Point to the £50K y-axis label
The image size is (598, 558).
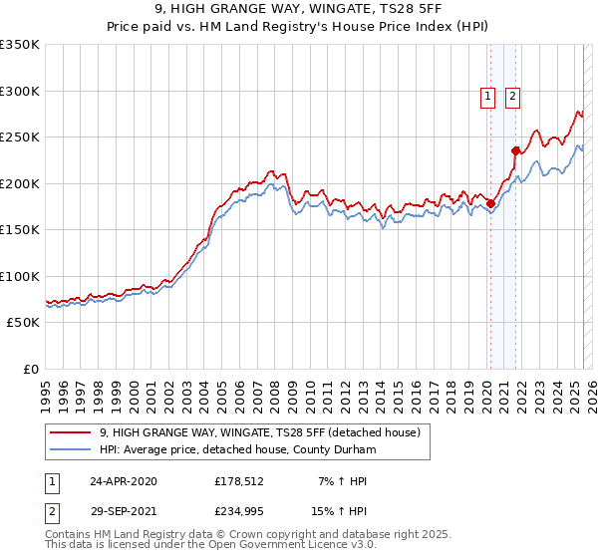(x=24, y=323)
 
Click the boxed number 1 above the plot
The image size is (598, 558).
(x=488, y=97)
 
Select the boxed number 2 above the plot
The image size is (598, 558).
(x=512, y=97)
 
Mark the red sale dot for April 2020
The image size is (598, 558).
(x=490, y=204)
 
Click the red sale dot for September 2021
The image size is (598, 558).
(x=516, y=151)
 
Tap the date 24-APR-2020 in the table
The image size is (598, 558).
(x=123, y=481)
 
